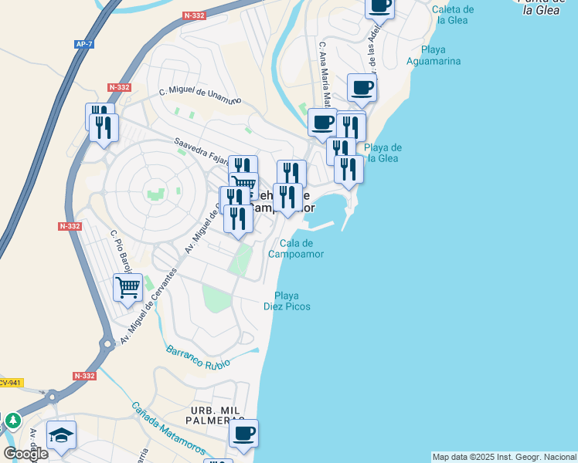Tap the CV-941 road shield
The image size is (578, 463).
pyautogui.click(x=10, y=382)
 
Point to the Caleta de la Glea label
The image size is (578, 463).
pyautogui.click(x=453, y=15)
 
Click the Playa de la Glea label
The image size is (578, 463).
pyautogui.click(x=382, y=153)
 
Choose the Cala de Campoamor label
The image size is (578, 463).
pyautogui.click(x=295, y=248)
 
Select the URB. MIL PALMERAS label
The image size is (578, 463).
pyautogui.click(x=209, y=415)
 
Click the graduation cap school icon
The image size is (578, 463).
pyautogui.click(x=61, y=434)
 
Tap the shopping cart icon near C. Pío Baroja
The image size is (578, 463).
pyautogui.click(x=127, y=288)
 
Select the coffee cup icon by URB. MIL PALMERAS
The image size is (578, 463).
pyautogui.click(x=244, y=433)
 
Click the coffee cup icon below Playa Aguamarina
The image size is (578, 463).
pyautogui.click(x=362, y=87)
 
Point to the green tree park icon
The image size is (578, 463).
pyautogui.click(x=12, y=421)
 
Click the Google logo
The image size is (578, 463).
pyautogui.click(x=25, y=453)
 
